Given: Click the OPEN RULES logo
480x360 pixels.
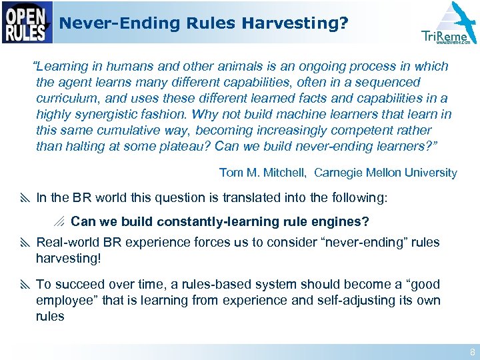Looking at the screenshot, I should point(27,23).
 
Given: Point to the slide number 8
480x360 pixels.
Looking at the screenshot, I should point(472,351).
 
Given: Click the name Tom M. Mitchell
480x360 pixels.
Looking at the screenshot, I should point(262,173).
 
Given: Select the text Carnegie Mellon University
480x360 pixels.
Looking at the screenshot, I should point(385,173).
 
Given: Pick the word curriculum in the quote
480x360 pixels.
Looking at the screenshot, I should point(66,99).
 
